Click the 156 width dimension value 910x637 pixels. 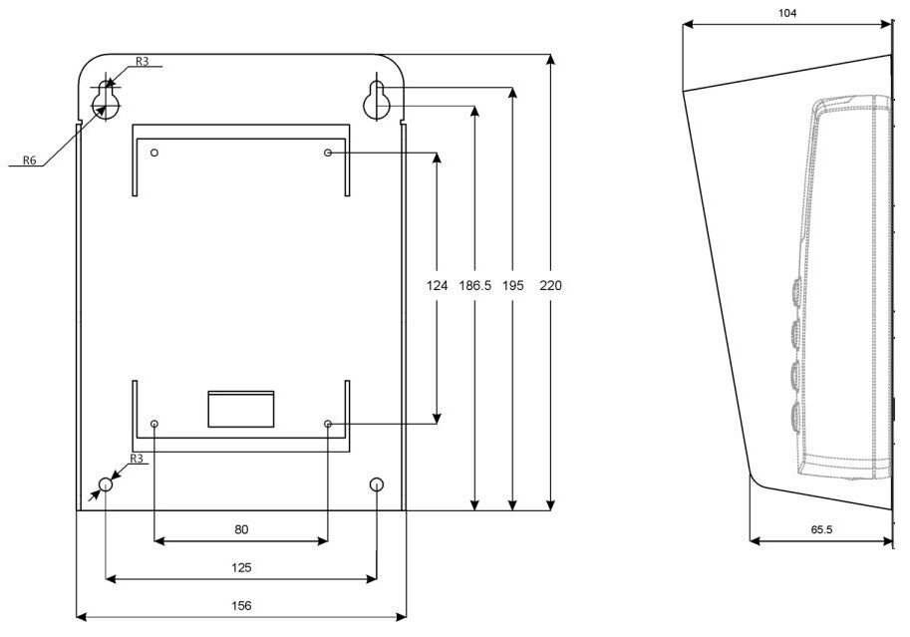point(241,606)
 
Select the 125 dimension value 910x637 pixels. point(241,567)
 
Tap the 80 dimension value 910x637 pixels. point(241,529)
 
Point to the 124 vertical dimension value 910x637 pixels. point(437,285)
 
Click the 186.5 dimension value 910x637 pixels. point(474,285)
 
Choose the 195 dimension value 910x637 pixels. point(513,285)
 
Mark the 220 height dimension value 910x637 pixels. point(551,285)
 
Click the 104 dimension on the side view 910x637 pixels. point(787,13)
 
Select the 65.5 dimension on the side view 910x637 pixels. point(821,529)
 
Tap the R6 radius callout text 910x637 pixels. point(29,160)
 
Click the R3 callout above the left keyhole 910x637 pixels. point(143,61)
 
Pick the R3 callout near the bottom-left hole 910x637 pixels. point(136,459)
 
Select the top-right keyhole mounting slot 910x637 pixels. point(377,100)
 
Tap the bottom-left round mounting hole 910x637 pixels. point(106,484)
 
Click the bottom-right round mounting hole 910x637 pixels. point(377,484)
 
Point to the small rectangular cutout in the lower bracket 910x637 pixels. point(241,410)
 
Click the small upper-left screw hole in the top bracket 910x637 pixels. point(154,153)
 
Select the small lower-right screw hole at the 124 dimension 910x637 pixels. point(328,424)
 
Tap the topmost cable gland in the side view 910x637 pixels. point(795,289)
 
